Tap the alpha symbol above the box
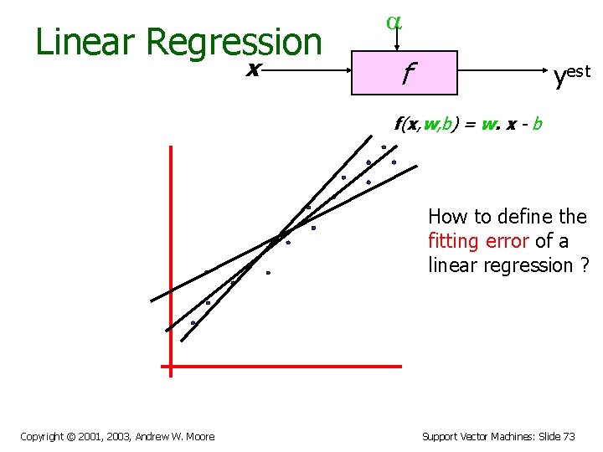pos(394,23)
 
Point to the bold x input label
pos(252,70)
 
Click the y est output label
pos(571,76)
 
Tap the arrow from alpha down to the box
pos(394,42)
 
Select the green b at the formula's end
pos(537,125)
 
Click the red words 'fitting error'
pos(478,241)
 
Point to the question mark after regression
pos(584,265)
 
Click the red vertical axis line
pos(170,251)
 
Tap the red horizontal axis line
pos(285,366)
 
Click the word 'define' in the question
pos(523,217)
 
